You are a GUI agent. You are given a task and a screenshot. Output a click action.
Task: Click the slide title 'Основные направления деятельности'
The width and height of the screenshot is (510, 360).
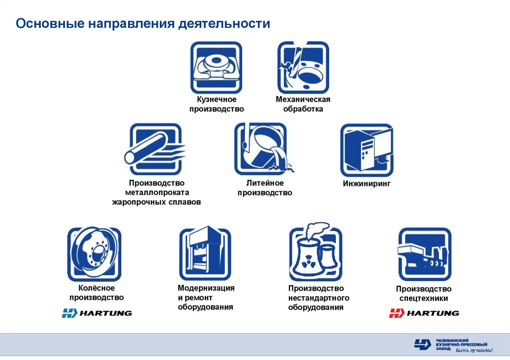[x=143, y=24]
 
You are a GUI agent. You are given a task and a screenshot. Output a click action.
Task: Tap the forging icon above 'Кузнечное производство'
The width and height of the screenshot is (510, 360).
[x=216, y=67]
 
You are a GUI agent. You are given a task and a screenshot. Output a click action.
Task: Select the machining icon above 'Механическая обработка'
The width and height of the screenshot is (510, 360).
[x=303, y=67]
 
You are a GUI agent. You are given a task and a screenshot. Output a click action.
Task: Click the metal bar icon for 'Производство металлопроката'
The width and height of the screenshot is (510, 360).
[x=155, y=149]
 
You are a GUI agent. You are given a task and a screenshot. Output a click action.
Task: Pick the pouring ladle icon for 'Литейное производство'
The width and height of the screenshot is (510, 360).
[x=263, y=148]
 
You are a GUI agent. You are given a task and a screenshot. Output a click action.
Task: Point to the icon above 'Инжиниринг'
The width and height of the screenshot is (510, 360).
[x=367, y=150]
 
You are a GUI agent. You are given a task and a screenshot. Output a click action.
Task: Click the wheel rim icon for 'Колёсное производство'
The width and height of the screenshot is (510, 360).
[x=94, y=254]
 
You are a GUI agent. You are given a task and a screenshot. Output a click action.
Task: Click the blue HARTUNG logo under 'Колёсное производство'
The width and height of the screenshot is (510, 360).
[x=97, y=313]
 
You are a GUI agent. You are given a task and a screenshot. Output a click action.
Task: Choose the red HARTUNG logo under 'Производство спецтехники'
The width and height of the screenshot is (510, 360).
[x=424, y=313]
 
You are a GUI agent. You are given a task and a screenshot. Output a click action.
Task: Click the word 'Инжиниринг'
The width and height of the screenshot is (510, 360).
[x=367, y=184]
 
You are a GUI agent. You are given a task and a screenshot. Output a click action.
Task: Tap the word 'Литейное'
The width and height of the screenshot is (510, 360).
[x=265, y=183]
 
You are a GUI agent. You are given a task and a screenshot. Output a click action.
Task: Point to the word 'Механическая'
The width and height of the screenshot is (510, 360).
[x=303, y=100]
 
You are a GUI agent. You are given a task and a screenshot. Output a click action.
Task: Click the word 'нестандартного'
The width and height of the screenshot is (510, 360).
[x=319, y=298]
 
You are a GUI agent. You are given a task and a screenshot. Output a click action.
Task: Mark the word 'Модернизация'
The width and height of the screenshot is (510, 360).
[x=206, y=288]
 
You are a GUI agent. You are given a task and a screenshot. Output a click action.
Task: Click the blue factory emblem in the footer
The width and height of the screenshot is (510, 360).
[x=422, y=345]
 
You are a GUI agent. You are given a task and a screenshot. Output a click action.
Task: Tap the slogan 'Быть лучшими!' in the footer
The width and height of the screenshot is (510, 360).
[x=474, y=350]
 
